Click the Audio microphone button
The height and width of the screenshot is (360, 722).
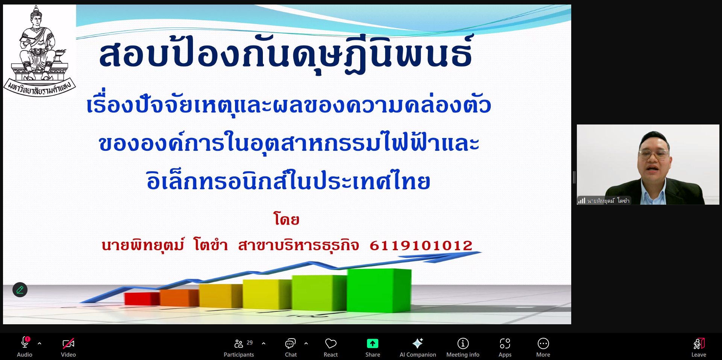coord(25,347)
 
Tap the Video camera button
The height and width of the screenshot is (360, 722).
coord(68,347)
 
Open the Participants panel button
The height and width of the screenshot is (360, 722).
coord(239,347)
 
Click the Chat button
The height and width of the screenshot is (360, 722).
coord(291,347)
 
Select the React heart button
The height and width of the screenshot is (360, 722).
coord(331,347)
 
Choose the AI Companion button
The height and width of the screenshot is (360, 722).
coord(418,347)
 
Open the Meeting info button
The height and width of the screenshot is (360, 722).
coord(463,347)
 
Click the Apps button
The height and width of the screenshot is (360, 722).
coord(505,347)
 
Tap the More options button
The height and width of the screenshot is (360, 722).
coord(543,347)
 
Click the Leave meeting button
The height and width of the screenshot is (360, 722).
coord(699,347)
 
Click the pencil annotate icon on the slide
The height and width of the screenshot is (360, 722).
coord(20,290)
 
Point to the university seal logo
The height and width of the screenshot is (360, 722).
coord(39,51)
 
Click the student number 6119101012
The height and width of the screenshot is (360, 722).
coord(421,245)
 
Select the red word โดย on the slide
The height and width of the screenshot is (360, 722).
coord(287,219)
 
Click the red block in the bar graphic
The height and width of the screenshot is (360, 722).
coord(142,299)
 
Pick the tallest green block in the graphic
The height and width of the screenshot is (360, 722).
coord(379,290)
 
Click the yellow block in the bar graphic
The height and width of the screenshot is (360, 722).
coord(267,294)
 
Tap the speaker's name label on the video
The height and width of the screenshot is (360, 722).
coord(608,201)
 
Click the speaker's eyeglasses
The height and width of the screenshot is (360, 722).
coord(654,153)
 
